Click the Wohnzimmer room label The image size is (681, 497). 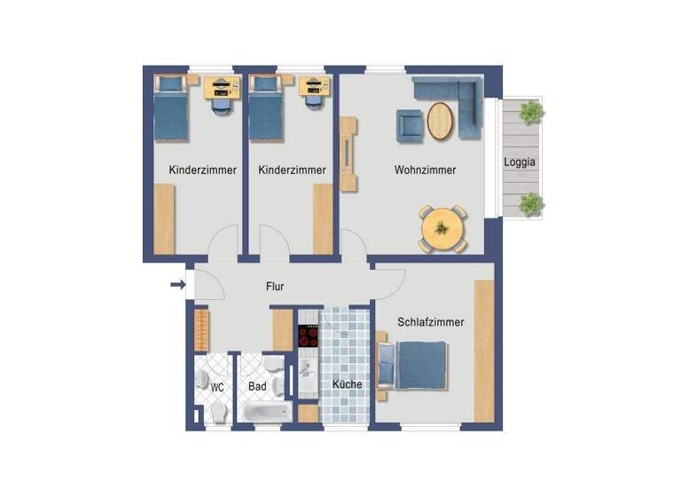[425, 170]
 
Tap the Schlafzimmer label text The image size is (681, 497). [431, 323]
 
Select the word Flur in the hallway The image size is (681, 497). [275, 287]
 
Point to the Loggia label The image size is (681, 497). [521, 162]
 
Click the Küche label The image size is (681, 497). [347, 384]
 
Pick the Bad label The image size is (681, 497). [257, 387]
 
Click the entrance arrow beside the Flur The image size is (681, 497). [177, 285]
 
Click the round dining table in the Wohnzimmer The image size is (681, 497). [441, 228]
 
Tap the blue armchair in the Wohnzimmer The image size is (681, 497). [410, 124]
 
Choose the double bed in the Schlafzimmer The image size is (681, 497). [415, 365]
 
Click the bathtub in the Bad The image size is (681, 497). [267, 414]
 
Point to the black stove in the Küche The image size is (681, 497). [308, 337]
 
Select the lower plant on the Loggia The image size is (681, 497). [530, 203]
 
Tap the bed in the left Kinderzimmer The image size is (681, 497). [171, 109]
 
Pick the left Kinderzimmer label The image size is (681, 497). [202, 170]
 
